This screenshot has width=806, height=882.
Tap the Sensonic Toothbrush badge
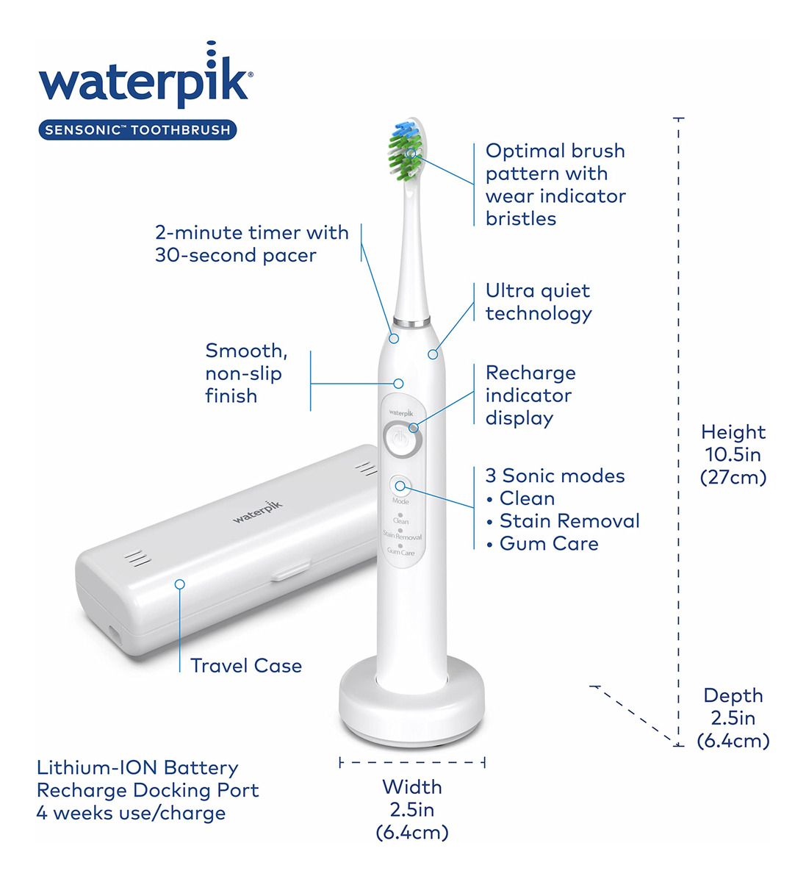pos(137,129)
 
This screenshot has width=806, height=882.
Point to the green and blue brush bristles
pos(405,151)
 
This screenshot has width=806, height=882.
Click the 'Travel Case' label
pos(246,666)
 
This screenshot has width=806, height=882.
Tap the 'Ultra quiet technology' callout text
pos(539,302)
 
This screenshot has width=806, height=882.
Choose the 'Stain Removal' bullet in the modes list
pos(564,521)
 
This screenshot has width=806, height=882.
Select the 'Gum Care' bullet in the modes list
pos(543,544)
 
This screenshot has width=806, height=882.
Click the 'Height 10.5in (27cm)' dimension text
pos(733,455)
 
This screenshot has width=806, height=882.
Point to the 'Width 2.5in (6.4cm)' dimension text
pos(412,809)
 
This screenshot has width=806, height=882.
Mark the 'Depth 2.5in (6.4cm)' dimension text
pos(733,718)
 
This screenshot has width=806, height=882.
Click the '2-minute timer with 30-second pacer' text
pos(251,244)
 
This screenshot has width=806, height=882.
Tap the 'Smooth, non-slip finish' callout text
pos(246,373)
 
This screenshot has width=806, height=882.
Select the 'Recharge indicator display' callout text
pos(530,395)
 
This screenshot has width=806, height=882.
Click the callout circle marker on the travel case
pos(179,584)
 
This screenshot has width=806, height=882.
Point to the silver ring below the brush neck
pos(411,322)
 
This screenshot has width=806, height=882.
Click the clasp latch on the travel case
pos(290,571)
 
